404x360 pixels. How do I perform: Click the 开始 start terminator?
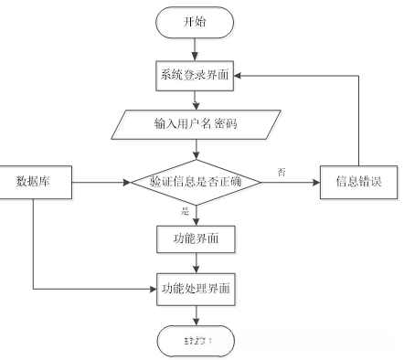(x=196, y=21)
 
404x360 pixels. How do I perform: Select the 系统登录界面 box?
(x=196, y=75)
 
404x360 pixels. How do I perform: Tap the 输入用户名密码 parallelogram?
(x=196, y=123)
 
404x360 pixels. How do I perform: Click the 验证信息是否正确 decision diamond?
(x=196, y=182)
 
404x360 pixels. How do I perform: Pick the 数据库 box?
(x=33, y=182)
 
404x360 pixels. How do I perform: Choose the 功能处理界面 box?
(x=196, y=289)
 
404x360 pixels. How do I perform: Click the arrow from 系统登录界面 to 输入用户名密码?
(x=196, y=99)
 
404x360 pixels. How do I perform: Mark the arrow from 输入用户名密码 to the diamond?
(x=196, y=148)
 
